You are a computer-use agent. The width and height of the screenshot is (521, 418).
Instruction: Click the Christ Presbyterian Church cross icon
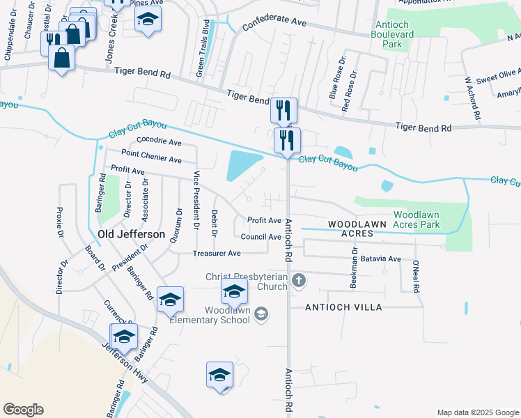(x=299, y=281)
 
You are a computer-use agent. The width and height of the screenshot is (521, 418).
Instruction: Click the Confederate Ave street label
(x=274, y=24)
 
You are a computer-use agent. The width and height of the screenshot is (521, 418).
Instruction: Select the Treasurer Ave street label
(x=217, y=254)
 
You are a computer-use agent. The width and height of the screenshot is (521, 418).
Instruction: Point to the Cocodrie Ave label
(x=159, y=141)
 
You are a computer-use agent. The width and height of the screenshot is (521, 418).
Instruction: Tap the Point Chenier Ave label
(x=151, y=156)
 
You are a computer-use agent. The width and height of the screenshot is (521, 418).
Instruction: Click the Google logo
(x=23, y=410)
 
